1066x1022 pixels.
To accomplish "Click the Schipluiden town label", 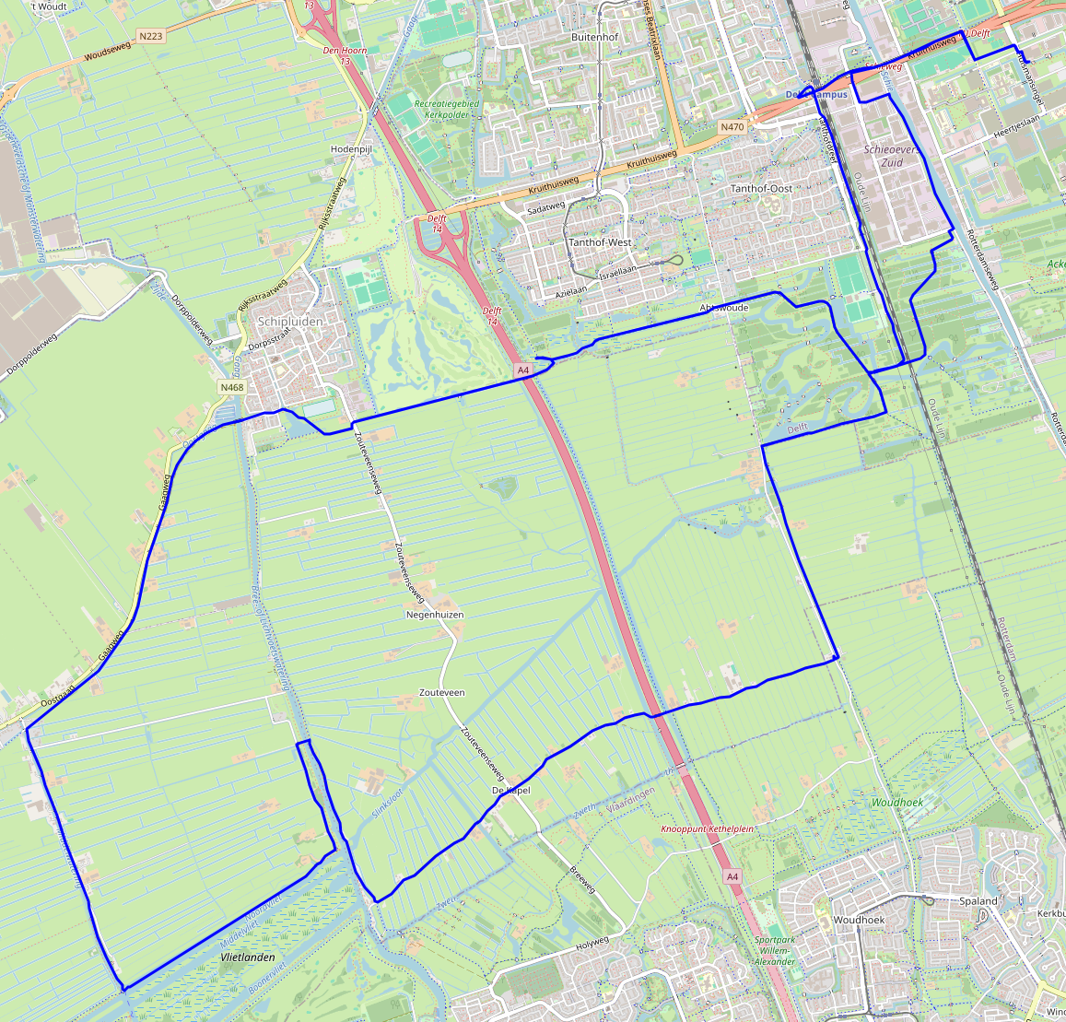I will point(290,322).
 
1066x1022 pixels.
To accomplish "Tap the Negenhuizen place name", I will point(435,615).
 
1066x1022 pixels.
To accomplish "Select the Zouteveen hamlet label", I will point(442,692).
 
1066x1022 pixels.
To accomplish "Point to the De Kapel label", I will point(510,791).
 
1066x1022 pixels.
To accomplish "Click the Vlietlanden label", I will point(248,957).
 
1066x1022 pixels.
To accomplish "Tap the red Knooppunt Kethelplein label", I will point(708,829).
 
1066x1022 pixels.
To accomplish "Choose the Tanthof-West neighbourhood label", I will point(600,242).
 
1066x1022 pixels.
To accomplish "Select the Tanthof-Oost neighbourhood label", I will point(761,189).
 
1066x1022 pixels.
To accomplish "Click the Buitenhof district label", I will point(594,37).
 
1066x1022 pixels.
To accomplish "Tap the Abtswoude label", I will point(724,307).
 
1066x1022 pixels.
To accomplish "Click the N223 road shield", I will point(150,36).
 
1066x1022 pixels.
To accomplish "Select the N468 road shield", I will point(232,388).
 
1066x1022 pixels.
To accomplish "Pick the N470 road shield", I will point(732,126).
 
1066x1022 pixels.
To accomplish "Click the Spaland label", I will point(978,900).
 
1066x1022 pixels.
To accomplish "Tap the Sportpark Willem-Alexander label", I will point(774,951).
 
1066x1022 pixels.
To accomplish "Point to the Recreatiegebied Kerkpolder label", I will point(447,110).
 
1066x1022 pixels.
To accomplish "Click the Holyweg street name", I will point(592,942).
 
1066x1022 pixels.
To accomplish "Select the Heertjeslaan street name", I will point(1016,119).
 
